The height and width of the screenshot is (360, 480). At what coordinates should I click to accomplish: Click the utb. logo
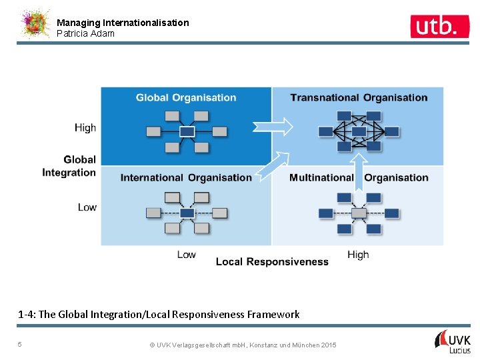click(435, 26)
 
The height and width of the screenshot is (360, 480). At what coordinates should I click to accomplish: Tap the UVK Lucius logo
click(453, 341)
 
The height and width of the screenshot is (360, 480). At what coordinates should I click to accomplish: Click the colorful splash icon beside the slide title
click(35, 25)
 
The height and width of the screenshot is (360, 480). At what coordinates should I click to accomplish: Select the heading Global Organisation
click(186, 98)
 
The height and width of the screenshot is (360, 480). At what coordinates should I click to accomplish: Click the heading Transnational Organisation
click(359, 98)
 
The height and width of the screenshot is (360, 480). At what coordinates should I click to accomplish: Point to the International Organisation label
click(186, 178)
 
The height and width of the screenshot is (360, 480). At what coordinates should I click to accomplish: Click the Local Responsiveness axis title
click(272, 262)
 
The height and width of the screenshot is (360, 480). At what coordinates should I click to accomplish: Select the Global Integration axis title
click(70, 166)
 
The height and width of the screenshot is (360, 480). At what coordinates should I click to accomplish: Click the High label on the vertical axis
click(85, 128)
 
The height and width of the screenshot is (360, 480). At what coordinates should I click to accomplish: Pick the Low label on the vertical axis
click(87, 207)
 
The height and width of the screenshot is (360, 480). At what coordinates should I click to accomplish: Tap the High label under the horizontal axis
click(358, 255)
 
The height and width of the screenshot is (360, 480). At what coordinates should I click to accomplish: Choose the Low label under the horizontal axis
click(187, 255)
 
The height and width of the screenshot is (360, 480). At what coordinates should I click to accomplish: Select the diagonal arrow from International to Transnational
click(273, 166)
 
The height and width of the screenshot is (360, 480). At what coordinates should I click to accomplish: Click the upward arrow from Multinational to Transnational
click(359, 171)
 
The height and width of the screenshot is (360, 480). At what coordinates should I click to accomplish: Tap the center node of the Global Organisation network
click(187, 131)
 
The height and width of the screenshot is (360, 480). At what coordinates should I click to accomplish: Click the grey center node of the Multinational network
click(359, 213)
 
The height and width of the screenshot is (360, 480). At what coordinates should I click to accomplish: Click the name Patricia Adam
click(85, 33)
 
